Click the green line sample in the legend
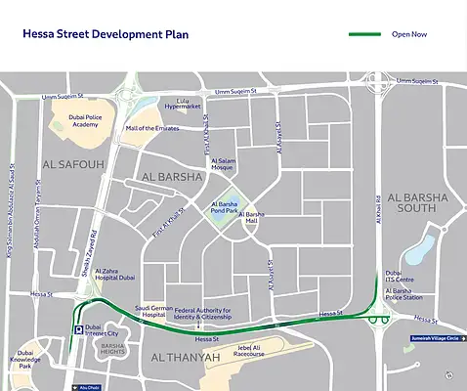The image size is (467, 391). pyautogui.click(x=364, y=34)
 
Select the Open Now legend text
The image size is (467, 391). pyautogui.click(x=409, y=34)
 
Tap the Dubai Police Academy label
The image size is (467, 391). pyautogui.click(x=70, y=121)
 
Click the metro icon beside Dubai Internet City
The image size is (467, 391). pyautogui.click(x=77, y=330)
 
